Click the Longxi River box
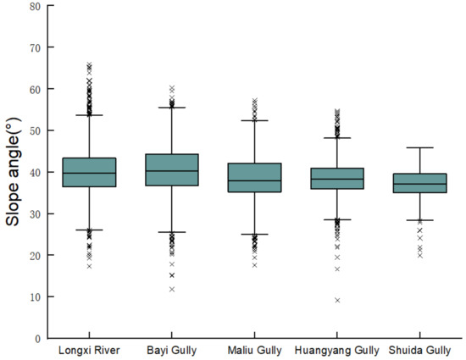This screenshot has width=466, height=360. click(x=89, y=172)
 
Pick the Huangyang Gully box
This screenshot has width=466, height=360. click(x=337, y=178)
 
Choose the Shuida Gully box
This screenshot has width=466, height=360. click(x=420, y=183)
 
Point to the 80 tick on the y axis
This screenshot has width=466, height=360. click(x=34, y=6)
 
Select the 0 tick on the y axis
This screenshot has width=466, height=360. click(x=36, y=338)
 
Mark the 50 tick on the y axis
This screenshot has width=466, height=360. click(x=34, y=130)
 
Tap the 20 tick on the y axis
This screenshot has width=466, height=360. click(x=34, y=255)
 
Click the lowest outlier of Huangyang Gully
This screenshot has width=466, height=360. click(x=337, y=300)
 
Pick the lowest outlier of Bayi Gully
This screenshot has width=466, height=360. click(x=172, y=289)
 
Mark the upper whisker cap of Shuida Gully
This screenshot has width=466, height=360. click(x=420, y=147)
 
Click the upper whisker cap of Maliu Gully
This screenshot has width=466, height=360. click(x=255, y=120)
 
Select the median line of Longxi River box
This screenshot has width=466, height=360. click(x=89, y=173)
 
